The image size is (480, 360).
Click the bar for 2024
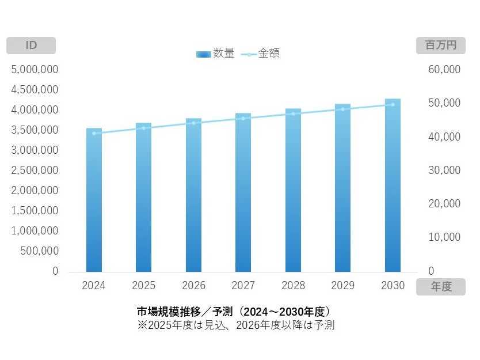[94, 202]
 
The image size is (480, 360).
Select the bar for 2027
[243, 193]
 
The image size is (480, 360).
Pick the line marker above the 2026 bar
[193, 123]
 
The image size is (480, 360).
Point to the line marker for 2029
[343, 109]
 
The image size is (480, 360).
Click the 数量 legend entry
[215, 54]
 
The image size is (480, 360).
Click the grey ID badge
[31, 46]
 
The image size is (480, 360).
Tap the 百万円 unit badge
[440, 46]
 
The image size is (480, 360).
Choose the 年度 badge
[440, 287]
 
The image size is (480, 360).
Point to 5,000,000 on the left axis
[35, 69]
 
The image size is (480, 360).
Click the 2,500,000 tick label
[35, 170]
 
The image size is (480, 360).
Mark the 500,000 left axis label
[39, 251]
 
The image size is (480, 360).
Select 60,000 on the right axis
[445, 69]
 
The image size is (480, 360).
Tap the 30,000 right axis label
[445, 170]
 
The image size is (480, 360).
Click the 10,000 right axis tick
[445, 237]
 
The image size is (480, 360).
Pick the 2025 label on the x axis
[143, 285]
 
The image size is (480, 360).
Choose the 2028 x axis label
[293, 285]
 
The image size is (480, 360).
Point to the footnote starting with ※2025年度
[235, 325]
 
